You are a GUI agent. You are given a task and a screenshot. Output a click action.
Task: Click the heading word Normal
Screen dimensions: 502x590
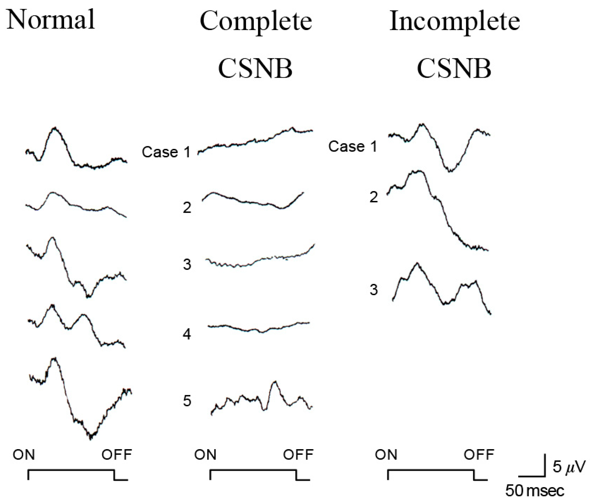(x=51, y=20)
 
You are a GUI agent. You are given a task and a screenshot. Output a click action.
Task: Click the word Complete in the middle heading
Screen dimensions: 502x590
(x=256, y=22)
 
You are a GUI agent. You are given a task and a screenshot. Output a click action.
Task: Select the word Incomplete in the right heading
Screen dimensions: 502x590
(x=454, y=22)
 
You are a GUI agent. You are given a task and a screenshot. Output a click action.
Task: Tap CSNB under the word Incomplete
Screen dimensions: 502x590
(x=454, y=69)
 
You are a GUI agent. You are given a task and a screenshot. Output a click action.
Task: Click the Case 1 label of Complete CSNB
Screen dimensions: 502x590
(x=166, y=152)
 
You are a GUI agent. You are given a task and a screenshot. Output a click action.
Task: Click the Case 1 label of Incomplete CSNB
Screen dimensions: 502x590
(x=352, y=146)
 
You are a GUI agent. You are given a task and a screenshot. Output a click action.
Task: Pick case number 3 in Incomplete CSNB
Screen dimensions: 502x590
(x=374, y=290)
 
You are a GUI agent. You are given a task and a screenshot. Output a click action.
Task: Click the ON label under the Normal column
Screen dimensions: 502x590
(x=24, y=455)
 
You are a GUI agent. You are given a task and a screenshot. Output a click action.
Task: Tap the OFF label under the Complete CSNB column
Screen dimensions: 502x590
(x=298, y=455)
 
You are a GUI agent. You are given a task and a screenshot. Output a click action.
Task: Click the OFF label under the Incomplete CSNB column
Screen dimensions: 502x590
(x=479, y=455)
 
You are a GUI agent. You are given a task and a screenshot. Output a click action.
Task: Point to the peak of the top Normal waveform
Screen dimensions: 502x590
(x=55, y=128)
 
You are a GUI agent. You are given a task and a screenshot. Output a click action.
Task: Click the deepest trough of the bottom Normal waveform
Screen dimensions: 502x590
(x=91, y=438)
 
